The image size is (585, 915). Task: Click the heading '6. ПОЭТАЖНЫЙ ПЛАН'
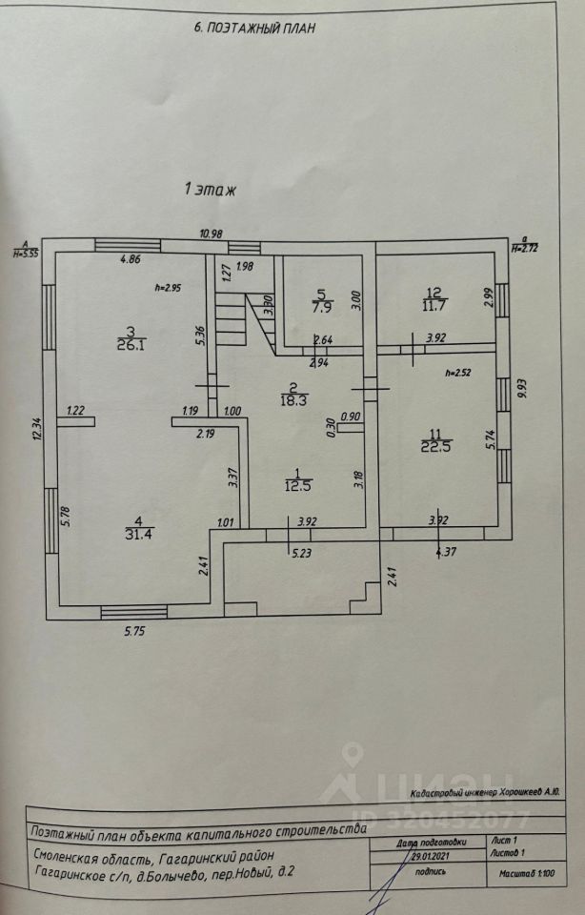point(253,29)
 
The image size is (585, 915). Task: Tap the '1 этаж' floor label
point(209,190)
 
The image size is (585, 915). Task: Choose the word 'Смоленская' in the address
point(72,857)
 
